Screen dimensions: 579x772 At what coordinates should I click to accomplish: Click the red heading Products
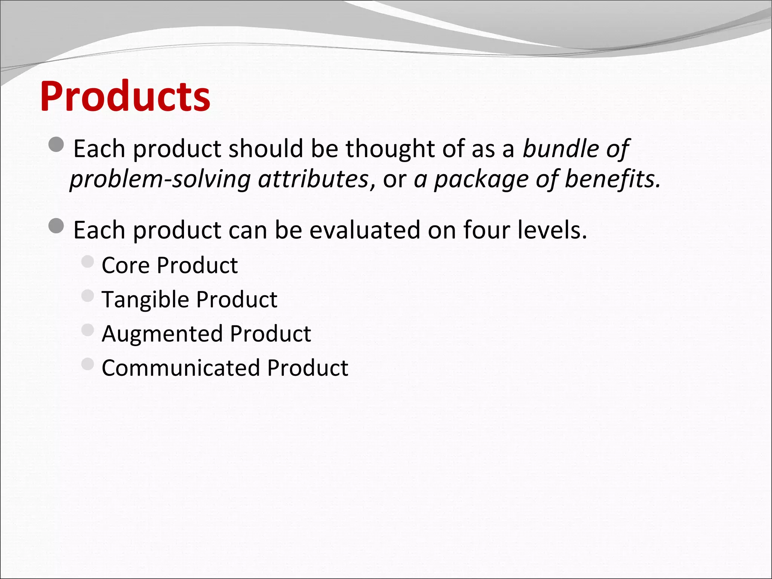(125, 96)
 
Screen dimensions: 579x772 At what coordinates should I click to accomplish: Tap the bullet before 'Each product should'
(57, 144)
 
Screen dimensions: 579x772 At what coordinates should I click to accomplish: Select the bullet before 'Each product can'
(57, 225)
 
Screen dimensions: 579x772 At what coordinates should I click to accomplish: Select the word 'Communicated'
(181, 368)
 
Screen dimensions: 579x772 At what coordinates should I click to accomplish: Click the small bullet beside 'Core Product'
(87, 261)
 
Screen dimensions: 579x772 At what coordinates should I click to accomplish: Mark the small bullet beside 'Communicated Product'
(87, 364)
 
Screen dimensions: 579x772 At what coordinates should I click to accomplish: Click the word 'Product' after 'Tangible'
(237, 299)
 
